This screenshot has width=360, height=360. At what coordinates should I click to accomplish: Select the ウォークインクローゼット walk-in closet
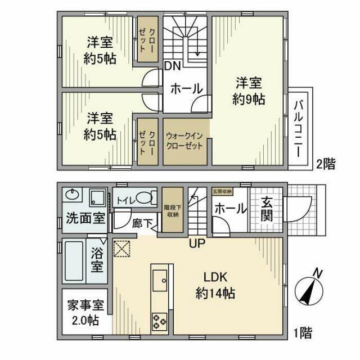click(186, 141)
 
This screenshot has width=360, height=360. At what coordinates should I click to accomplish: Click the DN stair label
click(172, 66)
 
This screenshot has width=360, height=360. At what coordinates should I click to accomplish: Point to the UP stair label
click(196, 244)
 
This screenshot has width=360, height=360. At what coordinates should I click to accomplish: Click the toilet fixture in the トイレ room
click(145, 198)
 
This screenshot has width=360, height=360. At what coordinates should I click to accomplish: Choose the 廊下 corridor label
click(142, 223)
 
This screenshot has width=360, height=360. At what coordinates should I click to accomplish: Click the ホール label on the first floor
click(231, 208)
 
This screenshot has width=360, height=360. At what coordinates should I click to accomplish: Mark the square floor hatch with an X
click(122, 247)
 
